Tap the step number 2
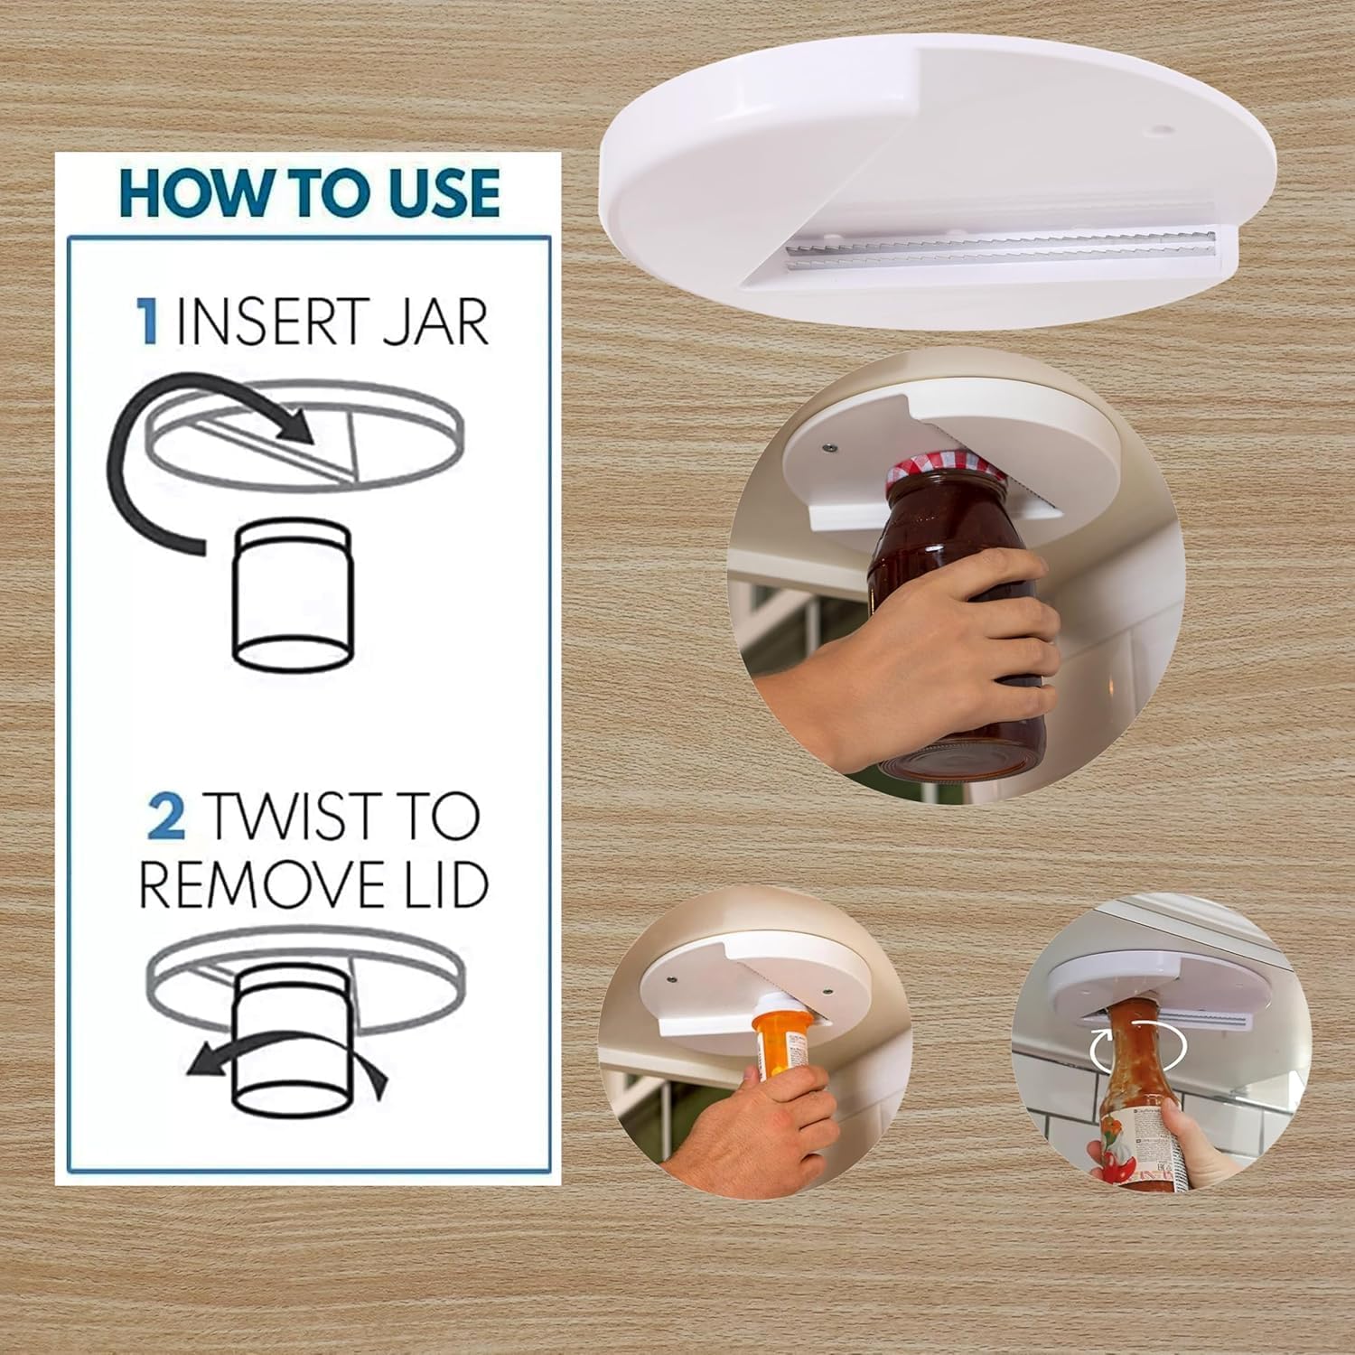(x=166, y=816)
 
